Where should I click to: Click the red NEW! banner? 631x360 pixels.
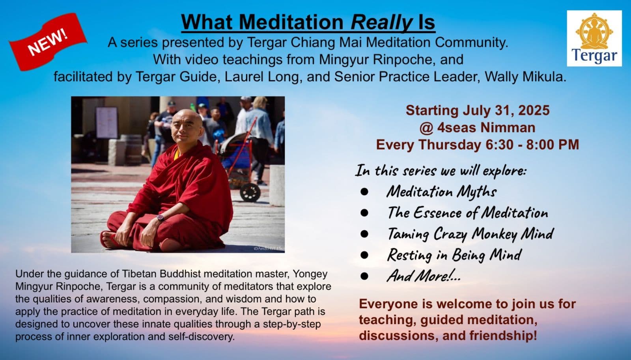[x=48, y=42]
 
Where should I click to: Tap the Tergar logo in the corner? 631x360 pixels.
[x=594, y=38]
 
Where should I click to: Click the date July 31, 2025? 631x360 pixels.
[x=506, y=110]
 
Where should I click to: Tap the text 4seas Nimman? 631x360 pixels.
[x=486, y=127]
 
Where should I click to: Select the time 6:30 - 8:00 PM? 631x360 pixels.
[x=532, y=144]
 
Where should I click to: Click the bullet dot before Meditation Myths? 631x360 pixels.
[x=364, y=192]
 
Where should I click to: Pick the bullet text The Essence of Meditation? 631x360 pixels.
[x=468, y=213]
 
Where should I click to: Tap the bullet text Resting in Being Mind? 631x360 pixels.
[x=454, y=255]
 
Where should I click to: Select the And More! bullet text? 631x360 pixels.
[x=424, y=276]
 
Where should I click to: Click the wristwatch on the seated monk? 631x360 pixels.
[x=160, y=218]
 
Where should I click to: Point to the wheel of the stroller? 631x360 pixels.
[x=250, y=192]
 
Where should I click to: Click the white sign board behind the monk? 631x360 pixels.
[x=106, y=123]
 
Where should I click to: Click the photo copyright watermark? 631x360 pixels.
[x=269, y=248]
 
